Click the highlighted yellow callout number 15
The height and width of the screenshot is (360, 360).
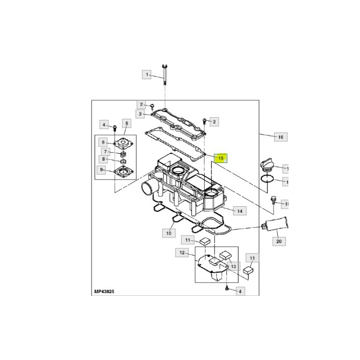pos(221,158)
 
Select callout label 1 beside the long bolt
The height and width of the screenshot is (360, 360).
pos(147,75)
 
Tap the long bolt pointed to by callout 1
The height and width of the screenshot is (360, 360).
pos(164,75)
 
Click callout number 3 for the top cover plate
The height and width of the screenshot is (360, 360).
pos(140,114)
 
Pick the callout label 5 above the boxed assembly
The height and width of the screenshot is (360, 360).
pos(125,124)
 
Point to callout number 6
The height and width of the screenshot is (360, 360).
pos(103,142)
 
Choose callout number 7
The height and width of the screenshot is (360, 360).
pos(105,152)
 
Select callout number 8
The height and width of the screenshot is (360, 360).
pos(104,160)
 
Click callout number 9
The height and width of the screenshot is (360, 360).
pos(103,170)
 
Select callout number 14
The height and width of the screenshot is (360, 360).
pos(239,210)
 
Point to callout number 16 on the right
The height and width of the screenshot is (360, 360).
pos(280,137)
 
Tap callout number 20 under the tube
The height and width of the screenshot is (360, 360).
pos(279,241)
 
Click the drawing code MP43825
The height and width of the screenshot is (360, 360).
pos(104,291)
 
